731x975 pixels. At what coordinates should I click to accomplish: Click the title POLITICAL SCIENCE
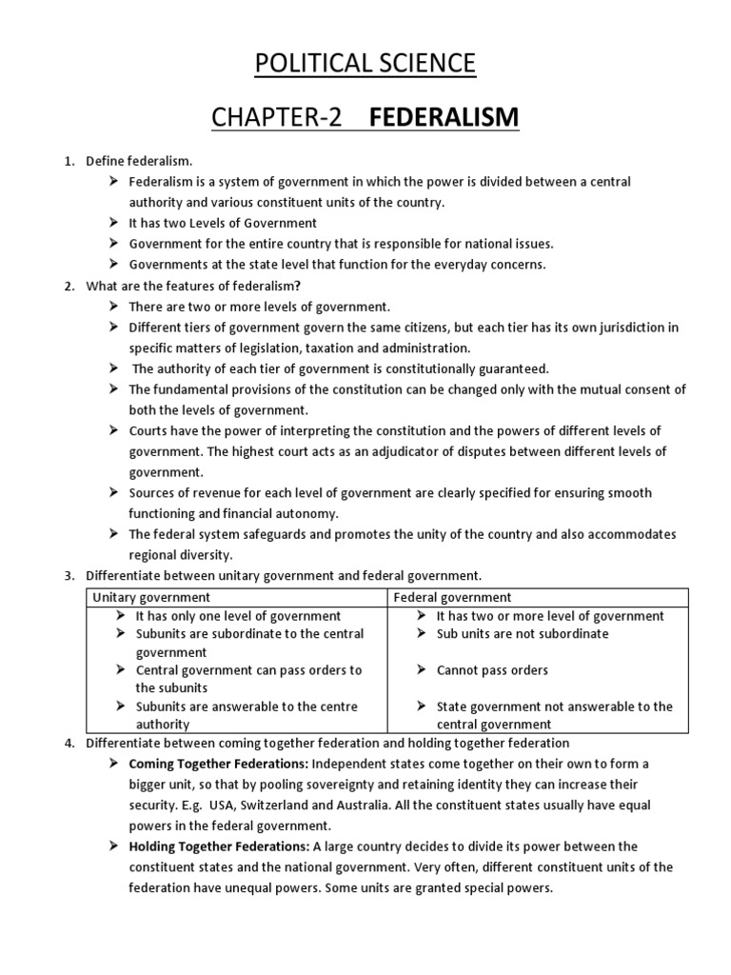[x=365, y=63]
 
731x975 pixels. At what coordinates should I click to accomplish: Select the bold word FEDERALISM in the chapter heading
[x=445, y=117]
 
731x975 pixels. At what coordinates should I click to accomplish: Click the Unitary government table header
[x=150, y=597]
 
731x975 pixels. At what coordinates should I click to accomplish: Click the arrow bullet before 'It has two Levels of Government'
[x=113, y=223]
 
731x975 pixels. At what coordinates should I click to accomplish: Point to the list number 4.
[x=69, y=743]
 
